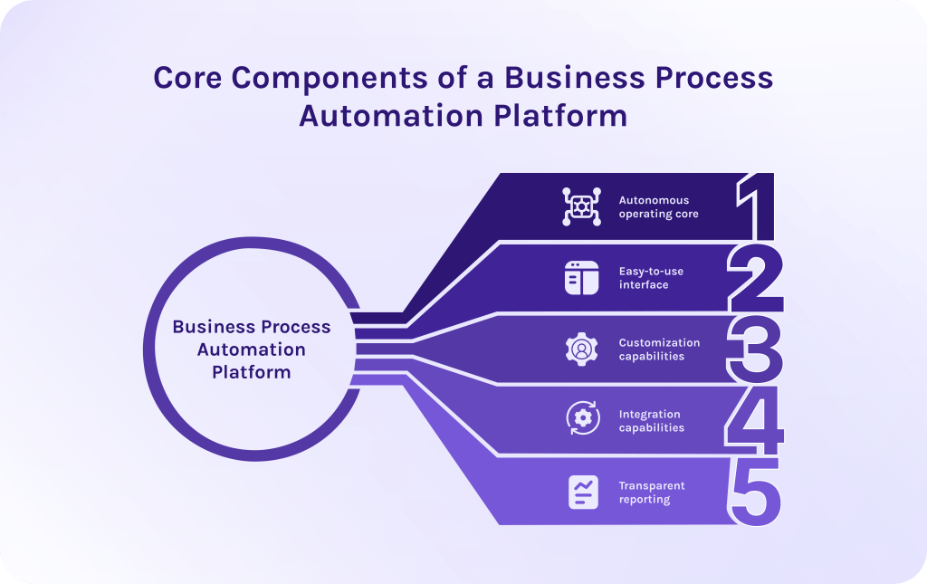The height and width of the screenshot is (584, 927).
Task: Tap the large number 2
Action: click(755, 278)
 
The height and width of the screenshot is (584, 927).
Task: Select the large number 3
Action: click(755, 349)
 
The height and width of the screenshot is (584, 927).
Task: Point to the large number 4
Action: click(755, 420)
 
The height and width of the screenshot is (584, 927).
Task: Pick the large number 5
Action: click(755, 492)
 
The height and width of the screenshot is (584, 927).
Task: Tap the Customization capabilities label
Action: click(659, 349)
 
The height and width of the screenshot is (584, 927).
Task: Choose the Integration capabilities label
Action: click(652, 421)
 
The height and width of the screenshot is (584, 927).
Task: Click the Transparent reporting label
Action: click(652, 493)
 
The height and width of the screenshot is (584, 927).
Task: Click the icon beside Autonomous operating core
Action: click(580, 207)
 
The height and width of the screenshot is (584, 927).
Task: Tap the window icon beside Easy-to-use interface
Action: click(582, 278)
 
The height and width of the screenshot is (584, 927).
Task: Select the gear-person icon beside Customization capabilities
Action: click(582, 349)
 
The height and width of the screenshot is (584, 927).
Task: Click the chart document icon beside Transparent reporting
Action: click(582, 492)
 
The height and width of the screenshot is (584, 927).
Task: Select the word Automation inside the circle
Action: click(252, 349)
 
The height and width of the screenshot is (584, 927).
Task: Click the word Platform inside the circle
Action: click(252, 372)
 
